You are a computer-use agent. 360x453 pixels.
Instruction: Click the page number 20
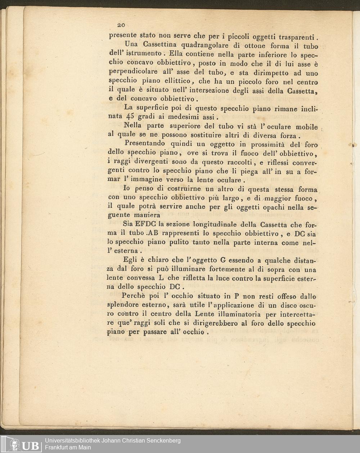[x=121, y=25]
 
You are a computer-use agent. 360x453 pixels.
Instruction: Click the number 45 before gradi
[x=130, y=117]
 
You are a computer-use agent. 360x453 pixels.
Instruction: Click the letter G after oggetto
[x=223, y=260]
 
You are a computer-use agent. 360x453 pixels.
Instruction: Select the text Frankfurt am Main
[x=68, y=448]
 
